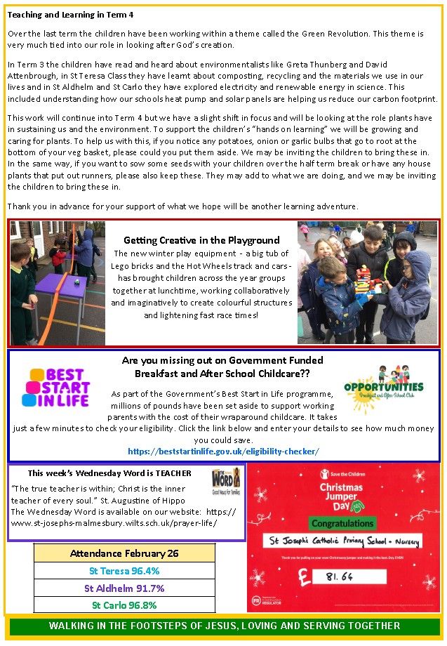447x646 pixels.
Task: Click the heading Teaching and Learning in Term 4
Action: [70, 15]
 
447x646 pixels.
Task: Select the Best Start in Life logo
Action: [56, 388]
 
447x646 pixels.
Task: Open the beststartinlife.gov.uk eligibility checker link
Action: [223, 451]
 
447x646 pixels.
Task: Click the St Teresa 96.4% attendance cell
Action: [124, 571]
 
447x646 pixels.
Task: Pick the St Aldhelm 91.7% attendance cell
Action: [124, 588]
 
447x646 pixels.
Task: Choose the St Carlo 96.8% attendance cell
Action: [124, 605]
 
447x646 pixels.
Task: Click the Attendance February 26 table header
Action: [124, 553]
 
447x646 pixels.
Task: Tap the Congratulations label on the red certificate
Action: [342, 523]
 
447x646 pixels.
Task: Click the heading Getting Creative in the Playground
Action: [201, 240]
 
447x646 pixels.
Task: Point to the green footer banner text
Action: [224, 626]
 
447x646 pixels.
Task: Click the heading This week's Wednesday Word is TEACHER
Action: [109, 473]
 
